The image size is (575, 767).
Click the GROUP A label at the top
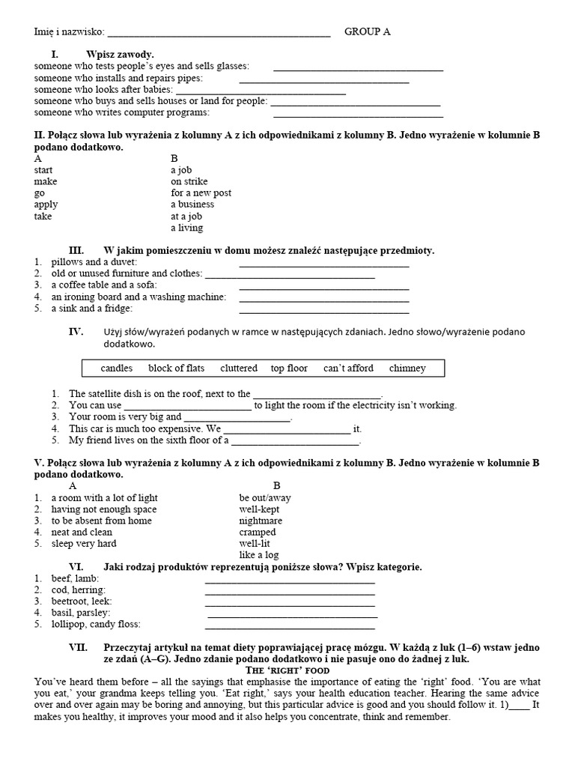coord(367,31)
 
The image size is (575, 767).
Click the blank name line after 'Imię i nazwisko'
coord(219,34)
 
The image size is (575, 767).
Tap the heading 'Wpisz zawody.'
coord(120,54)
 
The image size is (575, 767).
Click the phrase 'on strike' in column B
coord(189,181)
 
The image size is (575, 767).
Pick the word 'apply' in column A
coord(46,204)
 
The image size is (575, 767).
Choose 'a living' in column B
coord(186,228)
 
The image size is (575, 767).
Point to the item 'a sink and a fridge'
coord(91,308)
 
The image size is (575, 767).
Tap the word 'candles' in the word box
coord(116,368)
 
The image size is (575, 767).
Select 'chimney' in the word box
coord(407,368)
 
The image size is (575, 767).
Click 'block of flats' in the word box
coord(176,368)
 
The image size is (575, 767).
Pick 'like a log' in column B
coord(259,555)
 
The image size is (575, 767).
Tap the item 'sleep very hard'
coord(84,544)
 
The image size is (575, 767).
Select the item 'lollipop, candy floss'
coord(96,624)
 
